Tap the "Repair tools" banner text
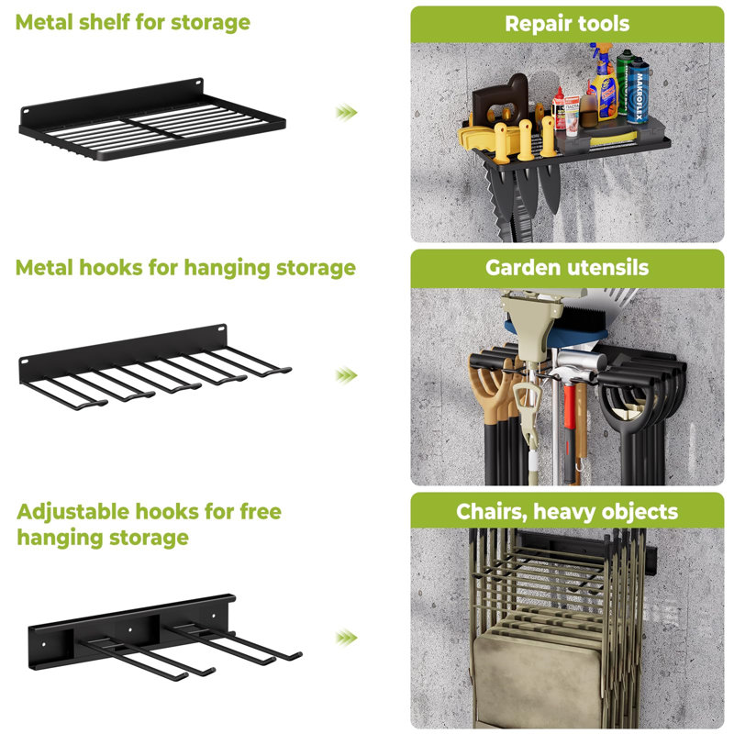tap(567, 23)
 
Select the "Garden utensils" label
tap(567, 268)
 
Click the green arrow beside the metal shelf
tap(346, 112)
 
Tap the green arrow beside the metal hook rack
tap(346, 374)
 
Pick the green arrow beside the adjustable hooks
tap(346, 637)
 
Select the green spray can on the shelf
tap(626, 87)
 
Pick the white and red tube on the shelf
tap(571, 110)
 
